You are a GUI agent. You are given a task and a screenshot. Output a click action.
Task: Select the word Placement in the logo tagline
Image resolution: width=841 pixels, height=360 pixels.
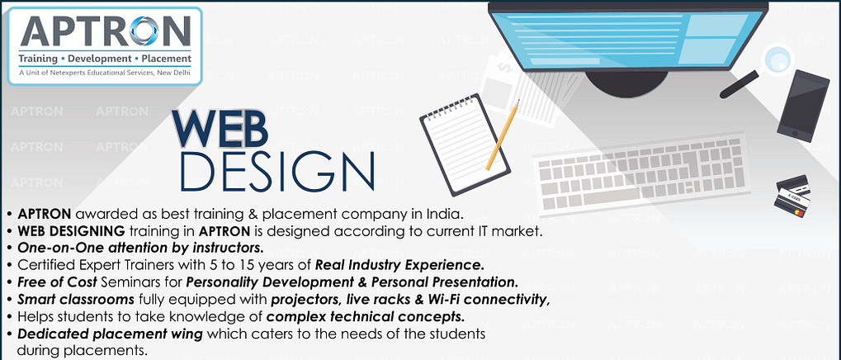point(166,58)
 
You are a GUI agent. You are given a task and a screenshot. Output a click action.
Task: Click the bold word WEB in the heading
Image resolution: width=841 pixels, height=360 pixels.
point(219,129)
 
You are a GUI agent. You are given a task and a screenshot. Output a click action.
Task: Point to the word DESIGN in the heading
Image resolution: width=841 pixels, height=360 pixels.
point(277,171)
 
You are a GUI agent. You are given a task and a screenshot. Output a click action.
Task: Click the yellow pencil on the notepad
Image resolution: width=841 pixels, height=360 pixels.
point(503,135)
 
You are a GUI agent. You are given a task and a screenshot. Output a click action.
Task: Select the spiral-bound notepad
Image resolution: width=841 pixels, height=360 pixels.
point(463,144)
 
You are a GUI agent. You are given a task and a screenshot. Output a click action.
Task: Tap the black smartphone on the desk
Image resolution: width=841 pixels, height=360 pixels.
point(803,106)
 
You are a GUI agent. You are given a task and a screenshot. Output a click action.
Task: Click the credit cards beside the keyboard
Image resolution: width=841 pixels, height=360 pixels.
point(792,196)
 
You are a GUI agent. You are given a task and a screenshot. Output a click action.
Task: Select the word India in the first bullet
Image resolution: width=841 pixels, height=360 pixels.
point(446,215)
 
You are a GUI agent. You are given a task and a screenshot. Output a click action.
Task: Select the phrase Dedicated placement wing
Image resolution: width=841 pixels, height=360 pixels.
point(110,334)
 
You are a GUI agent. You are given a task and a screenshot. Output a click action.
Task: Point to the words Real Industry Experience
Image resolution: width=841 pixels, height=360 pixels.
point(399,264)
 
